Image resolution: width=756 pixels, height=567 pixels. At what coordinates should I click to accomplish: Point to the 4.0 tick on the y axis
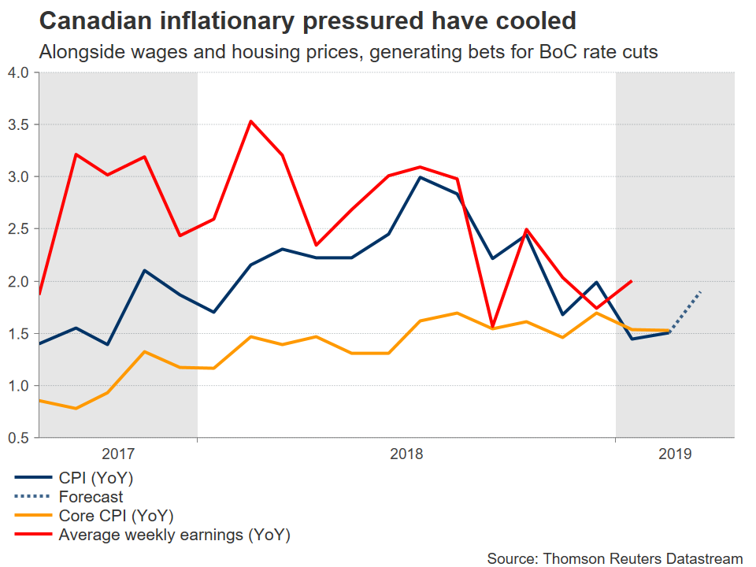[x=18, y=73]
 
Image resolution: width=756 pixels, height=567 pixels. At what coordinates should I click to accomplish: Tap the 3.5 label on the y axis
[x=18, y=125]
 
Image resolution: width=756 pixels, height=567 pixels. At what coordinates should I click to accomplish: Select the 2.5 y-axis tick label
[x=18, y=229]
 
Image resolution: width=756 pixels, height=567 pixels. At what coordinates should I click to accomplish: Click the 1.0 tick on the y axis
[x=18, y=386]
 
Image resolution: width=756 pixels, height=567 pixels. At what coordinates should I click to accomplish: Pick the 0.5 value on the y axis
[x=18, y=438]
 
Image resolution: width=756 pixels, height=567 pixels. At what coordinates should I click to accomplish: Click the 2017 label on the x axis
[x=118, y=454]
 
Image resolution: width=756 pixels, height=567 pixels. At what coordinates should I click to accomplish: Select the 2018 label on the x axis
[x=406, y=454]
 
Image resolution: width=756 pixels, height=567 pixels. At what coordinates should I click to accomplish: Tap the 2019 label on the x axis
[x=675, y=454]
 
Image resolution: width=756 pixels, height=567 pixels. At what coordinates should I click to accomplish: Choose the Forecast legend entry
[x=91, y=497]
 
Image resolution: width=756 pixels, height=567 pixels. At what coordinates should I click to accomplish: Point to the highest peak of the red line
[x=250, y=121]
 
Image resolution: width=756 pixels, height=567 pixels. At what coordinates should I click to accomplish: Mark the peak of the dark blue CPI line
[x=420, y=177]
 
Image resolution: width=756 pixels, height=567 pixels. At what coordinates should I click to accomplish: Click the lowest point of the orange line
[x=75, y=408]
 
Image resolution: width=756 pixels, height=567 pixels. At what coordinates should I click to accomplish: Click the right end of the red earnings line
[x=632, y=281]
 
